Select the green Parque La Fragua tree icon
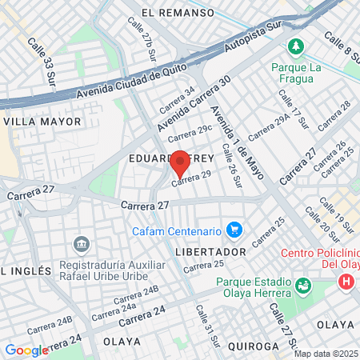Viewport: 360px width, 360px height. point(297,47)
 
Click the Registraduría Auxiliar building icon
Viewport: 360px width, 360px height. point(81,243)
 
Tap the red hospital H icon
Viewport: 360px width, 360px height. point(346,282)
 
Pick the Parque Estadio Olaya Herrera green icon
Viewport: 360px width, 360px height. point(302,285)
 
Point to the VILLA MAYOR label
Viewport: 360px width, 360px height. point(43,122)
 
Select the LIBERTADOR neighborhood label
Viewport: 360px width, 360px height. point(210,252)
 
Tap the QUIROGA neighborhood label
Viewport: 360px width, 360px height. point(251,346)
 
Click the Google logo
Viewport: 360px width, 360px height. point(26,350)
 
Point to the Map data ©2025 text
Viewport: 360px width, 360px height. point(326,354)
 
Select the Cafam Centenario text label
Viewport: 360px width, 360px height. point(176,231)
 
